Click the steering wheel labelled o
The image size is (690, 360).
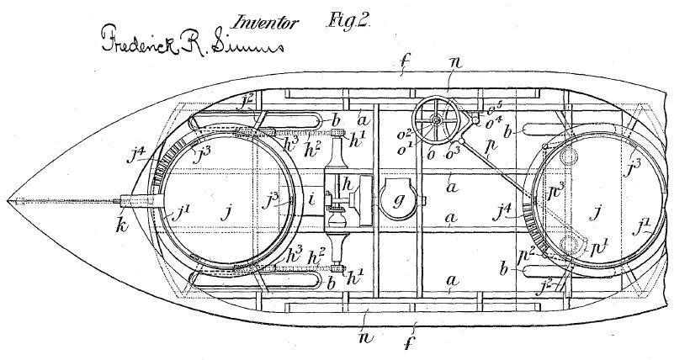pyautogui.click(x=438, y=121)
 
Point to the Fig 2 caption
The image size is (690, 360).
pyautogui.click(x=346, y=22)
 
